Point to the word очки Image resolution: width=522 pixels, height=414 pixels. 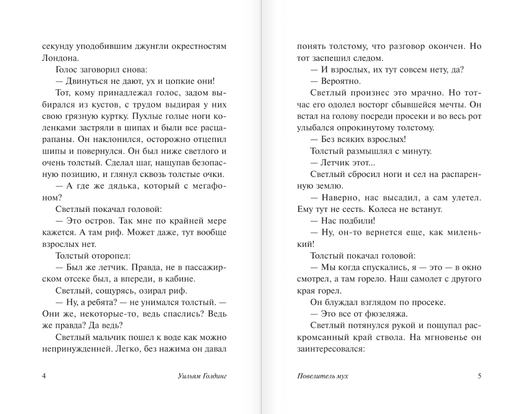213,174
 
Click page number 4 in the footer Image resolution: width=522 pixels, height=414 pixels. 44,376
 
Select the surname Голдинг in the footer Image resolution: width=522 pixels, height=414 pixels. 212,376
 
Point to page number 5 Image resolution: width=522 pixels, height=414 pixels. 479,376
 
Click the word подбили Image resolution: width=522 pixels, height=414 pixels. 358,221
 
